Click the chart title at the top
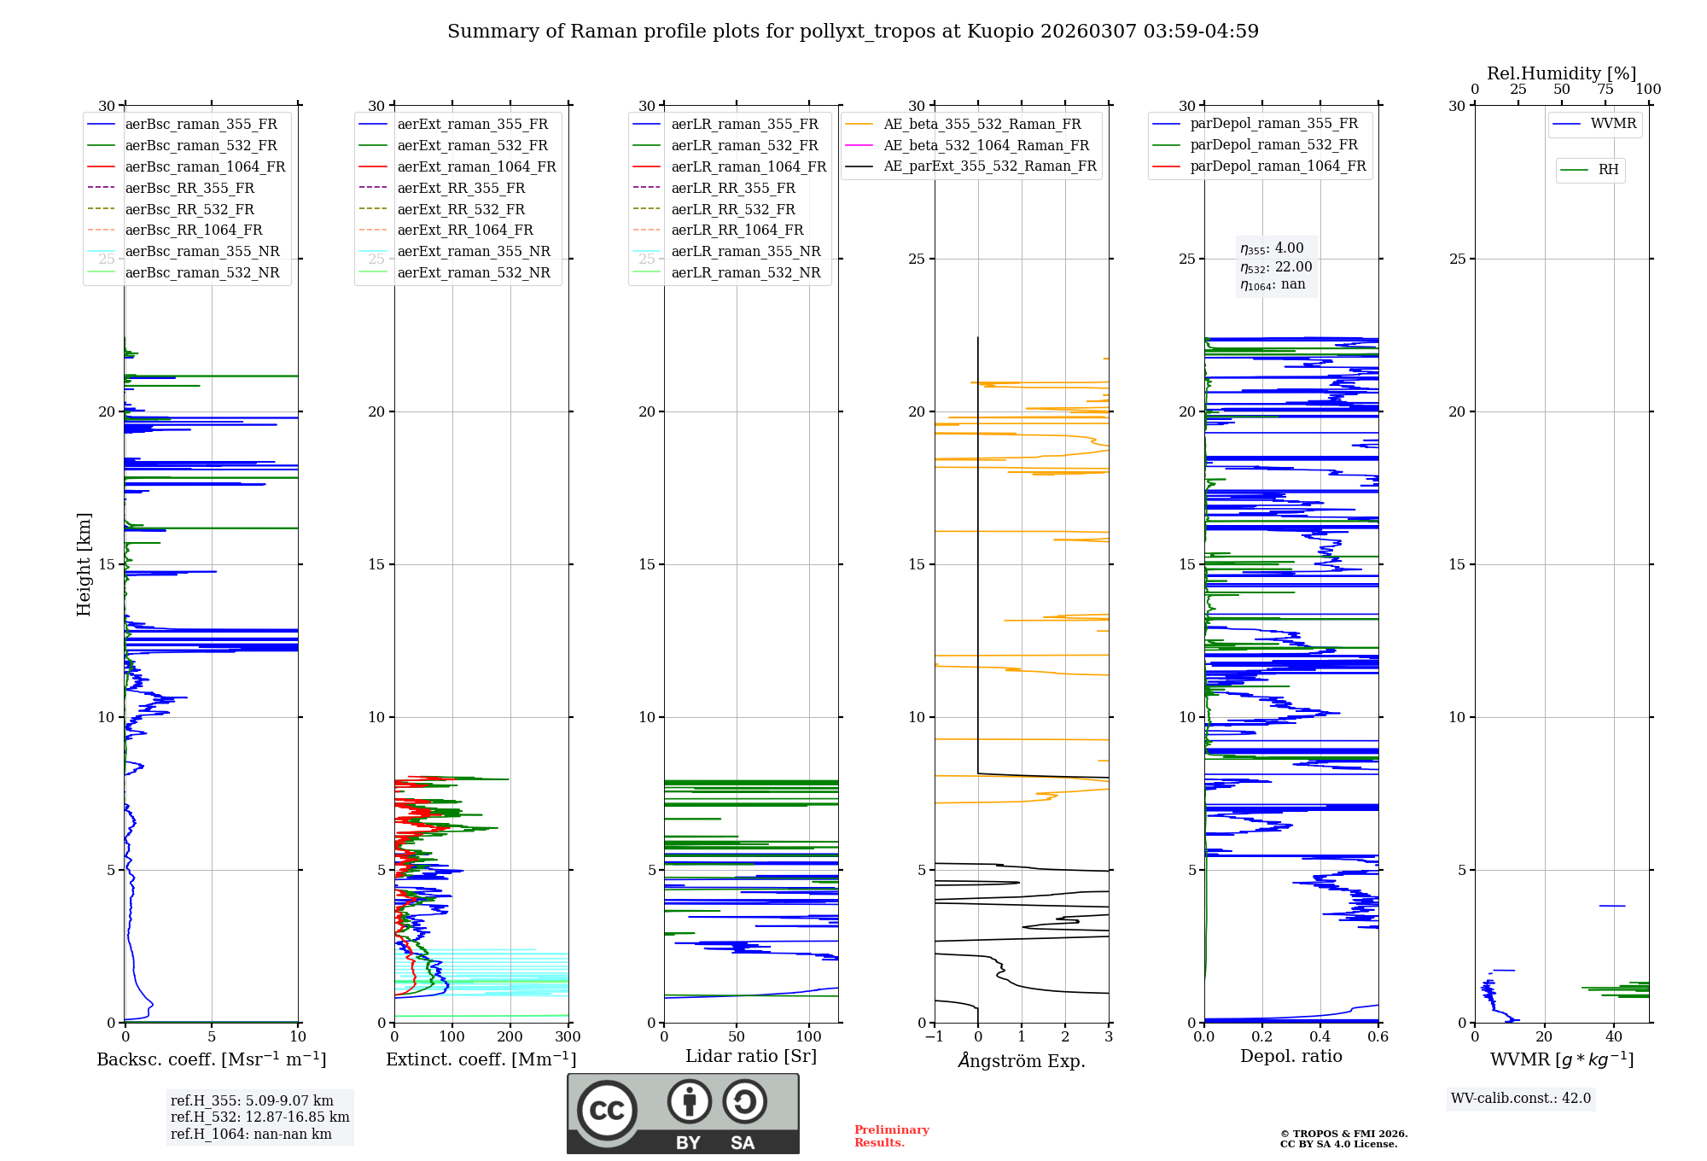point(853,32)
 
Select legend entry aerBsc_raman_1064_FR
point(205,166)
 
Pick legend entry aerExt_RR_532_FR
point(461,209)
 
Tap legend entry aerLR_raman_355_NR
point(745,251)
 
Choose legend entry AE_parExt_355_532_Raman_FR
point(989,166)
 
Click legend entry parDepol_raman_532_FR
point(1273,145)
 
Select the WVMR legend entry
point(1613,124)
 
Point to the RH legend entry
point(1608,170)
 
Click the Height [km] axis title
point(84,564)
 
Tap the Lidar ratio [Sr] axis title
point(751,1056)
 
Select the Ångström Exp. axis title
point(1022,1060)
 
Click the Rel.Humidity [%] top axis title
point(1561,73)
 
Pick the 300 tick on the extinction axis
point(568,1037)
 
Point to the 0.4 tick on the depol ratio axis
point(1320,1037)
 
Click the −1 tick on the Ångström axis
point(935,1037)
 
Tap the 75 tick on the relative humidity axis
point(1605,89)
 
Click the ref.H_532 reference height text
point(259,1117)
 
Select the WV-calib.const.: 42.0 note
point(1521,1098)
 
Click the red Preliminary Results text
point(891,1136)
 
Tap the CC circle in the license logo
point(607,1111)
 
